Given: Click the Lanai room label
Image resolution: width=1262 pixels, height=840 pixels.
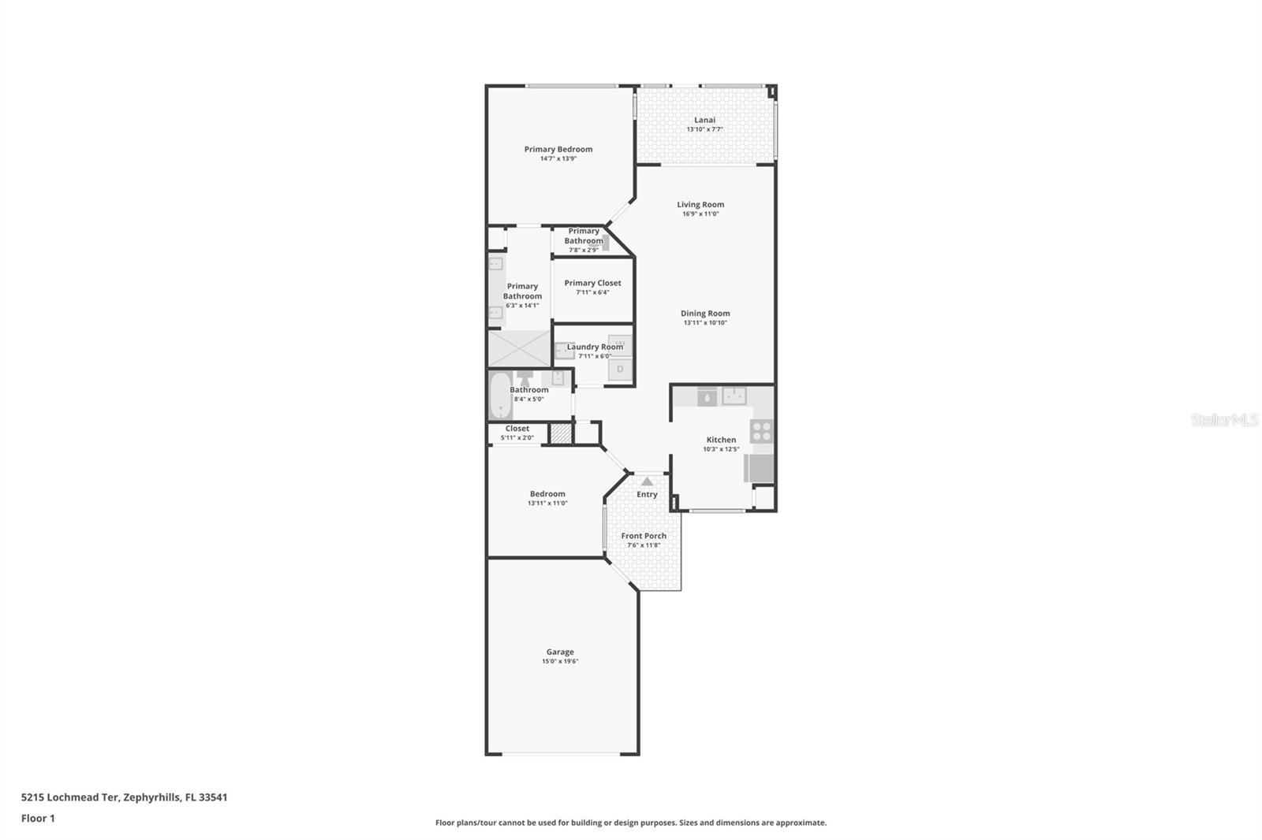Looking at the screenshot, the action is click(704, 120).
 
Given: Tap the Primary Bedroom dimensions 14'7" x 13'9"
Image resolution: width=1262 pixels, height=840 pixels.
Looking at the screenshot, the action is click(558, 158).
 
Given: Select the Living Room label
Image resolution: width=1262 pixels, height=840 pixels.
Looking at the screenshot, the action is click(700, 204).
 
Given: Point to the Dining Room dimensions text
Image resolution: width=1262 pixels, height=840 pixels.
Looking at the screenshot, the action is click(705, 322).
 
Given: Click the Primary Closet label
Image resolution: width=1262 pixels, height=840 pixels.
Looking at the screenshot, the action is click(592, 283).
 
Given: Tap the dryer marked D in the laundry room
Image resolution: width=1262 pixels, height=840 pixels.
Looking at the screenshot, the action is click(620, 370).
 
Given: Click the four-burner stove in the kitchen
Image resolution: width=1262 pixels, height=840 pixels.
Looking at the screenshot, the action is click(762, 431).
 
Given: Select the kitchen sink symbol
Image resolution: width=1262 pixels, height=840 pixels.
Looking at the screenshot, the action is click(734, 396).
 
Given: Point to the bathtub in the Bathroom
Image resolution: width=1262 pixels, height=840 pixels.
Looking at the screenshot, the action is click(500, 396).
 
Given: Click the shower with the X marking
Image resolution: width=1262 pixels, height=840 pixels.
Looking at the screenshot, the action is click(519, 348).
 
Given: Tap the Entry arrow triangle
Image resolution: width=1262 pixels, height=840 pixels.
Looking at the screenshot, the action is click(647, 481).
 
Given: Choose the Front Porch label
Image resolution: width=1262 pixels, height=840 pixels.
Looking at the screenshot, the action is click(644, 536).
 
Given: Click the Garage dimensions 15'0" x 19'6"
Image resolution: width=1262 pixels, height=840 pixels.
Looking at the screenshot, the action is click(560, 662).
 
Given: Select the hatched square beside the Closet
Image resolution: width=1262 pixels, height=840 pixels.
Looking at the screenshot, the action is click(561, 433).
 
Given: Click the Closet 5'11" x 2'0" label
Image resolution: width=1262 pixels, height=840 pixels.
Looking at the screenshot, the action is click(517, 433).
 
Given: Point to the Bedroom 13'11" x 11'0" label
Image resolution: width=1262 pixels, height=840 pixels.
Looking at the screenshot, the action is click(547, 498).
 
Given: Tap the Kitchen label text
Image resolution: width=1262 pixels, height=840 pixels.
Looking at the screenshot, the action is click(721, 440).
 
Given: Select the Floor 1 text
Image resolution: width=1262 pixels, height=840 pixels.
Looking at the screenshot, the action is click(38, 819).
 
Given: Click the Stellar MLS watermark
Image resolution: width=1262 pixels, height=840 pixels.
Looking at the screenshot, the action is click(1225, 420).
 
